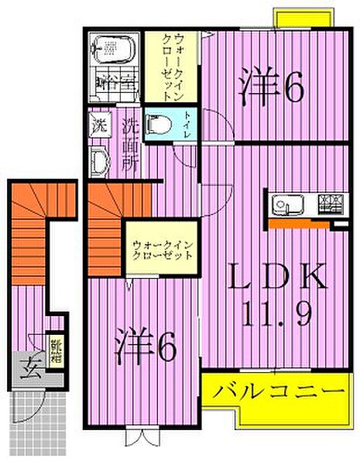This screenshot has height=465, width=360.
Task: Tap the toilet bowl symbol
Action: tap(161, 123)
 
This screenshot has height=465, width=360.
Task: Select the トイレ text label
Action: tap(189, 123)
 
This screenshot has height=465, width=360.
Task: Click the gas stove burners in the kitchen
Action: tap(331, 205)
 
